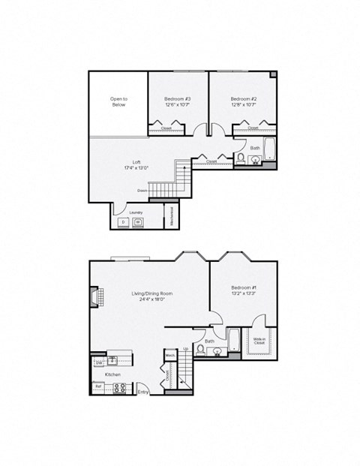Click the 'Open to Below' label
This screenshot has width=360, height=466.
pyautogui.click(x=118, y=101)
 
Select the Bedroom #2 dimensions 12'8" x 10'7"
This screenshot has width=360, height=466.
pyautogui.click(x=244, y=105)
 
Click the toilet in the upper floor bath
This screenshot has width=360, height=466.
pyautogui.click(x=241, y=158)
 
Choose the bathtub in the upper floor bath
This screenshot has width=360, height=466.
pyautogui.click(x=270, y=151)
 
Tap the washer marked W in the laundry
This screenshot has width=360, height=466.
pyautogui.click(x=138, y=223)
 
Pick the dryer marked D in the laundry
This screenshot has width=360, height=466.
pyautogui.click(x=123, y=223)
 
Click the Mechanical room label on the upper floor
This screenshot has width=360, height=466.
pyautogui.click(x=172, y=216)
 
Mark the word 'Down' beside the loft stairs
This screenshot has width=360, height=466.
pyautogui.click(x=142, y=190)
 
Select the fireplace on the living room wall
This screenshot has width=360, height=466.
pyautogui.click(x=94, y=298)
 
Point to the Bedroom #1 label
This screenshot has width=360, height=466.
pyautogui.click(x=244, y=288)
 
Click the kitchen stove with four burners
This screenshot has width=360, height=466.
pyautogui.click(x=118, y=388)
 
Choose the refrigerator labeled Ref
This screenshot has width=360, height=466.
pyautogui.click(x=97, y=387)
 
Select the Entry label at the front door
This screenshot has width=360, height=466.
pyautogui.click(x=143, y=392)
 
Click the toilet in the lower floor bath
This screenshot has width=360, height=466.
pyautogui.click(x=199, y=349)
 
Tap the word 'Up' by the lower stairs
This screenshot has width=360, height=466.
pyautogui.click(x=185, y=349)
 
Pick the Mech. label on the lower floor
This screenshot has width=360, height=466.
pyautogui.click(x=170, y=355)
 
